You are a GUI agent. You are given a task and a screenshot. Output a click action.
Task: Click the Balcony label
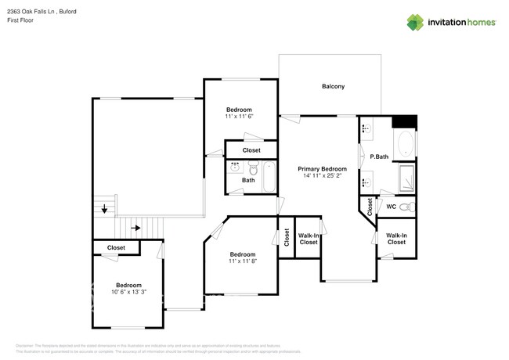[x=333, y=86]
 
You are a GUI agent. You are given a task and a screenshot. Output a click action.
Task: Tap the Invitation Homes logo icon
[x=415, y=22]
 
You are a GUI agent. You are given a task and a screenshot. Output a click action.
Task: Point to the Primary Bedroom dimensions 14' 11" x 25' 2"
[x=322, y=176]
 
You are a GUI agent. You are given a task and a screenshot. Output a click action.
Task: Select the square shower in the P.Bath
[x=406, y=178]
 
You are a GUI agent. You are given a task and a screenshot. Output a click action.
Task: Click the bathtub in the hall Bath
[x=269, y=177]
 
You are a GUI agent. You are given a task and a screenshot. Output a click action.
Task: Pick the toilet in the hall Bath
[x=253, y=167]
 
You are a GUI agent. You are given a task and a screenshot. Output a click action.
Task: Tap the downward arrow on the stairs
[x=105, y=209]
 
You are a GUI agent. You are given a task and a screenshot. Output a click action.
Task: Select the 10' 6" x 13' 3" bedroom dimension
[x=128, y=293]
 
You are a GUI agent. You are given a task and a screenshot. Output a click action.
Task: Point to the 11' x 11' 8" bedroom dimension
[x=242, y=261]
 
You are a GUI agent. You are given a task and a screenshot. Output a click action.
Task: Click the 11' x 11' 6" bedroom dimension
[x=239, y=117]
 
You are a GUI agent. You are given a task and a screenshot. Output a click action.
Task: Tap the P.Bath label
[x=380, y=157]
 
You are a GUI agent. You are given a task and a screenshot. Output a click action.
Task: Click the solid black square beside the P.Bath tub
[x=405, y=121]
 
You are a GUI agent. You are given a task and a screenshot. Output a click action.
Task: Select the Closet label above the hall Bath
[x=251, y=150]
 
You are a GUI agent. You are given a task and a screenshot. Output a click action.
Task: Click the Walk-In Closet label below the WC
[x=396, y=239]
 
